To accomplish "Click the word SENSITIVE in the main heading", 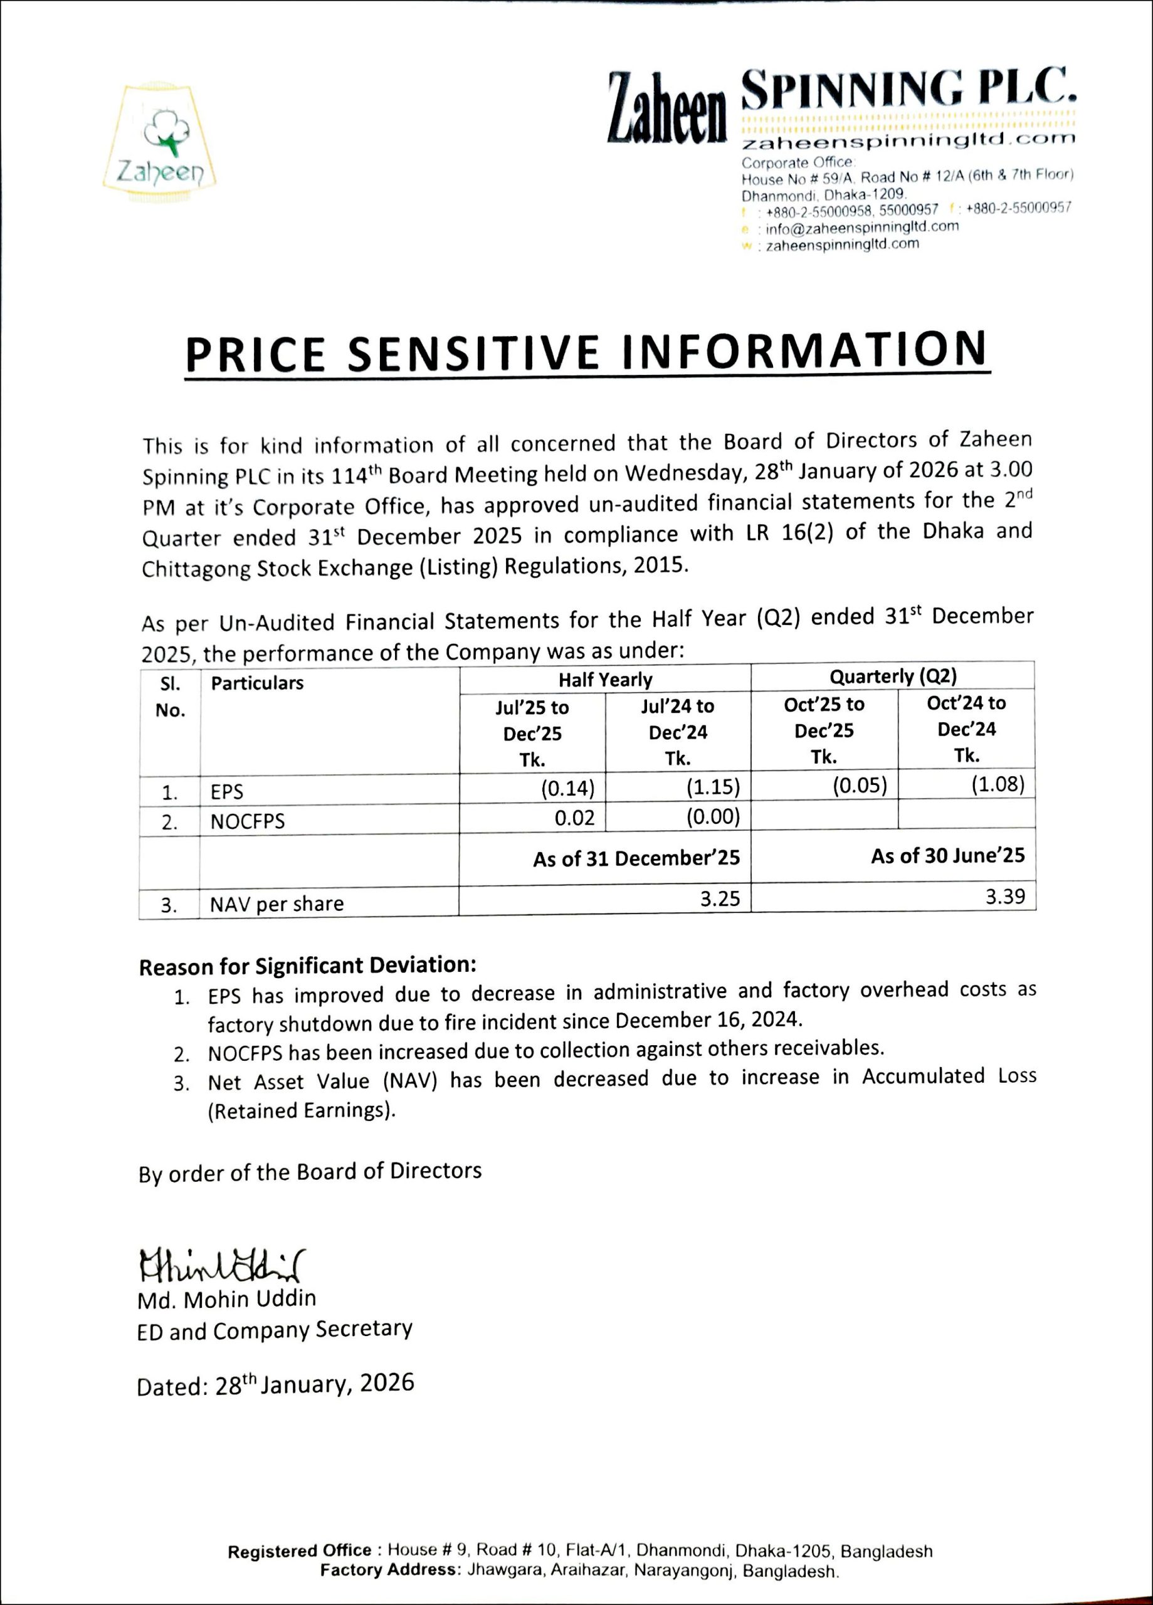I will tap(474, 352).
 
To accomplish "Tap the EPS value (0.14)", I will tap(567, 787).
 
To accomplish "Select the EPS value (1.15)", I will tap(713, 786).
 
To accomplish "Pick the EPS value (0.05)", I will tap(860, 786).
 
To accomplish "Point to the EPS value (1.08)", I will tap(998, 784).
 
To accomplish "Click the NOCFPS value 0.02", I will tap(575, 818).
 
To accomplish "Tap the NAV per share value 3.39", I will tap(1005, 896).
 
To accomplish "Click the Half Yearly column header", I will tap(605, 680).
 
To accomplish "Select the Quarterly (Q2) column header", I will tap(893, 676).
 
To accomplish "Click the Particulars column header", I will tap(257, 683).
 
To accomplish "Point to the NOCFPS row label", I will tap(248, 821).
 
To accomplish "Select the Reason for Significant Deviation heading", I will tap(308, 966).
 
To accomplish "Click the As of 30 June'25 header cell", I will tap(947, 856).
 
